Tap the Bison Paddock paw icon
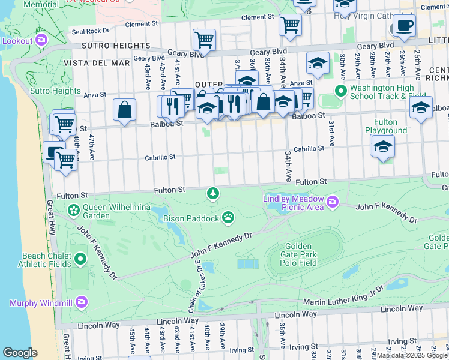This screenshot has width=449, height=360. (x=228, y=217)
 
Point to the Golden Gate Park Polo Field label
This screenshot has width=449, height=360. (x=298, y=254)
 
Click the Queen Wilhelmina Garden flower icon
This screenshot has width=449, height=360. (x=73, y=210)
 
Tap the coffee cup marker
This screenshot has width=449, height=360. (x=404, y=26)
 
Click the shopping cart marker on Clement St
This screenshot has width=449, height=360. (x=291, y=25)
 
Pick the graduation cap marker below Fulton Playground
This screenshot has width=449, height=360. (x=382, y=146)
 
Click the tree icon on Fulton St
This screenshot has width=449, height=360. (x=212, y=193)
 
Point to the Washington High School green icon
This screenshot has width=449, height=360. (x=341, y=91)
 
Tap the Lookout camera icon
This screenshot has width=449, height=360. (x=41, y=40)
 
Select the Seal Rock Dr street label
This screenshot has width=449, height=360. (x=90, y=31)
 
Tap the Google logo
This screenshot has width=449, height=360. (x=20, y=353)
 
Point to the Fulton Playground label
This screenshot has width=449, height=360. (x=385, y=126)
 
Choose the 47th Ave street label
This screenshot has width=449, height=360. (x=92, y=145)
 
